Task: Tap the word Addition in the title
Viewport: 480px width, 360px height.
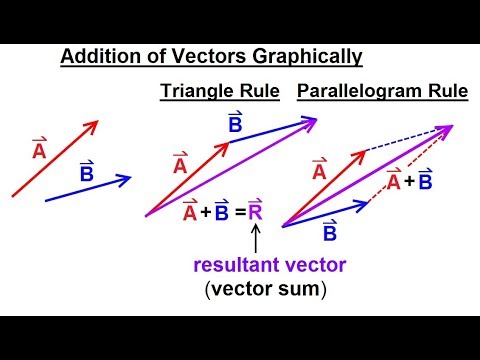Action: [99, 57]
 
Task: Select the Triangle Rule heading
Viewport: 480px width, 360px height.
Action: [220, 93]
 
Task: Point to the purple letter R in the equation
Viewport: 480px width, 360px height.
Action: [256, 211]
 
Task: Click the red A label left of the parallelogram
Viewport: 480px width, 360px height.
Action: [320, 171]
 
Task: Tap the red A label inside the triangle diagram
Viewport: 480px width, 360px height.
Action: [180, 165]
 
